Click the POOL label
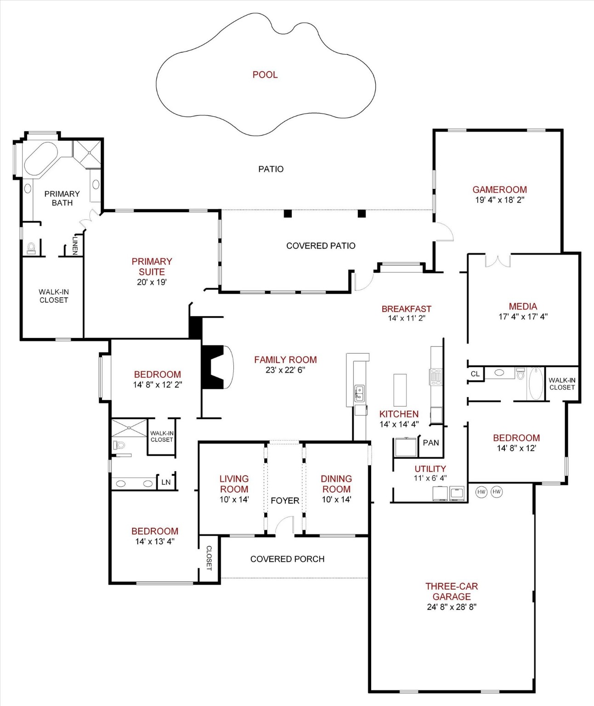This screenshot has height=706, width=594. [x=265, y=74]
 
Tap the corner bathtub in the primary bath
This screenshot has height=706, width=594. [x=41, y=159]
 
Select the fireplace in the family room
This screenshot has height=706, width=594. [x=216, y=367]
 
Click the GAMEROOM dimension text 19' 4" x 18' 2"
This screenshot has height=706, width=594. [x=499, y=200]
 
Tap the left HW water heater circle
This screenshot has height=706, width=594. [x=481, y=492]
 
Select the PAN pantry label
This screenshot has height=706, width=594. [x=430, y=443]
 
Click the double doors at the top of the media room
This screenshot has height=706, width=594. [x=498, y=260]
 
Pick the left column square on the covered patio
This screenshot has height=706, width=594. [x=288, y=213]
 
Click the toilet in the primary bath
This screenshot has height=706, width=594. [x=31, y=249]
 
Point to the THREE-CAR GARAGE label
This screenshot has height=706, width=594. [x=452, y=591]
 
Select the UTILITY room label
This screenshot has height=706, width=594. [x=430, y=469]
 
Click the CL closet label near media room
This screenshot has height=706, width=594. [x=475, y=374]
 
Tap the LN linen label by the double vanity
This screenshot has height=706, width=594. [x=166, y=482]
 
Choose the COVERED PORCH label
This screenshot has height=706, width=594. [x=287, y=559]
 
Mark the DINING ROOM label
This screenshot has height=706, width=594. [x=336, y=484]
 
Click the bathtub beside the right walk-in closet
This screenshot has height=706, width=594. [x=536, y=383]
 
